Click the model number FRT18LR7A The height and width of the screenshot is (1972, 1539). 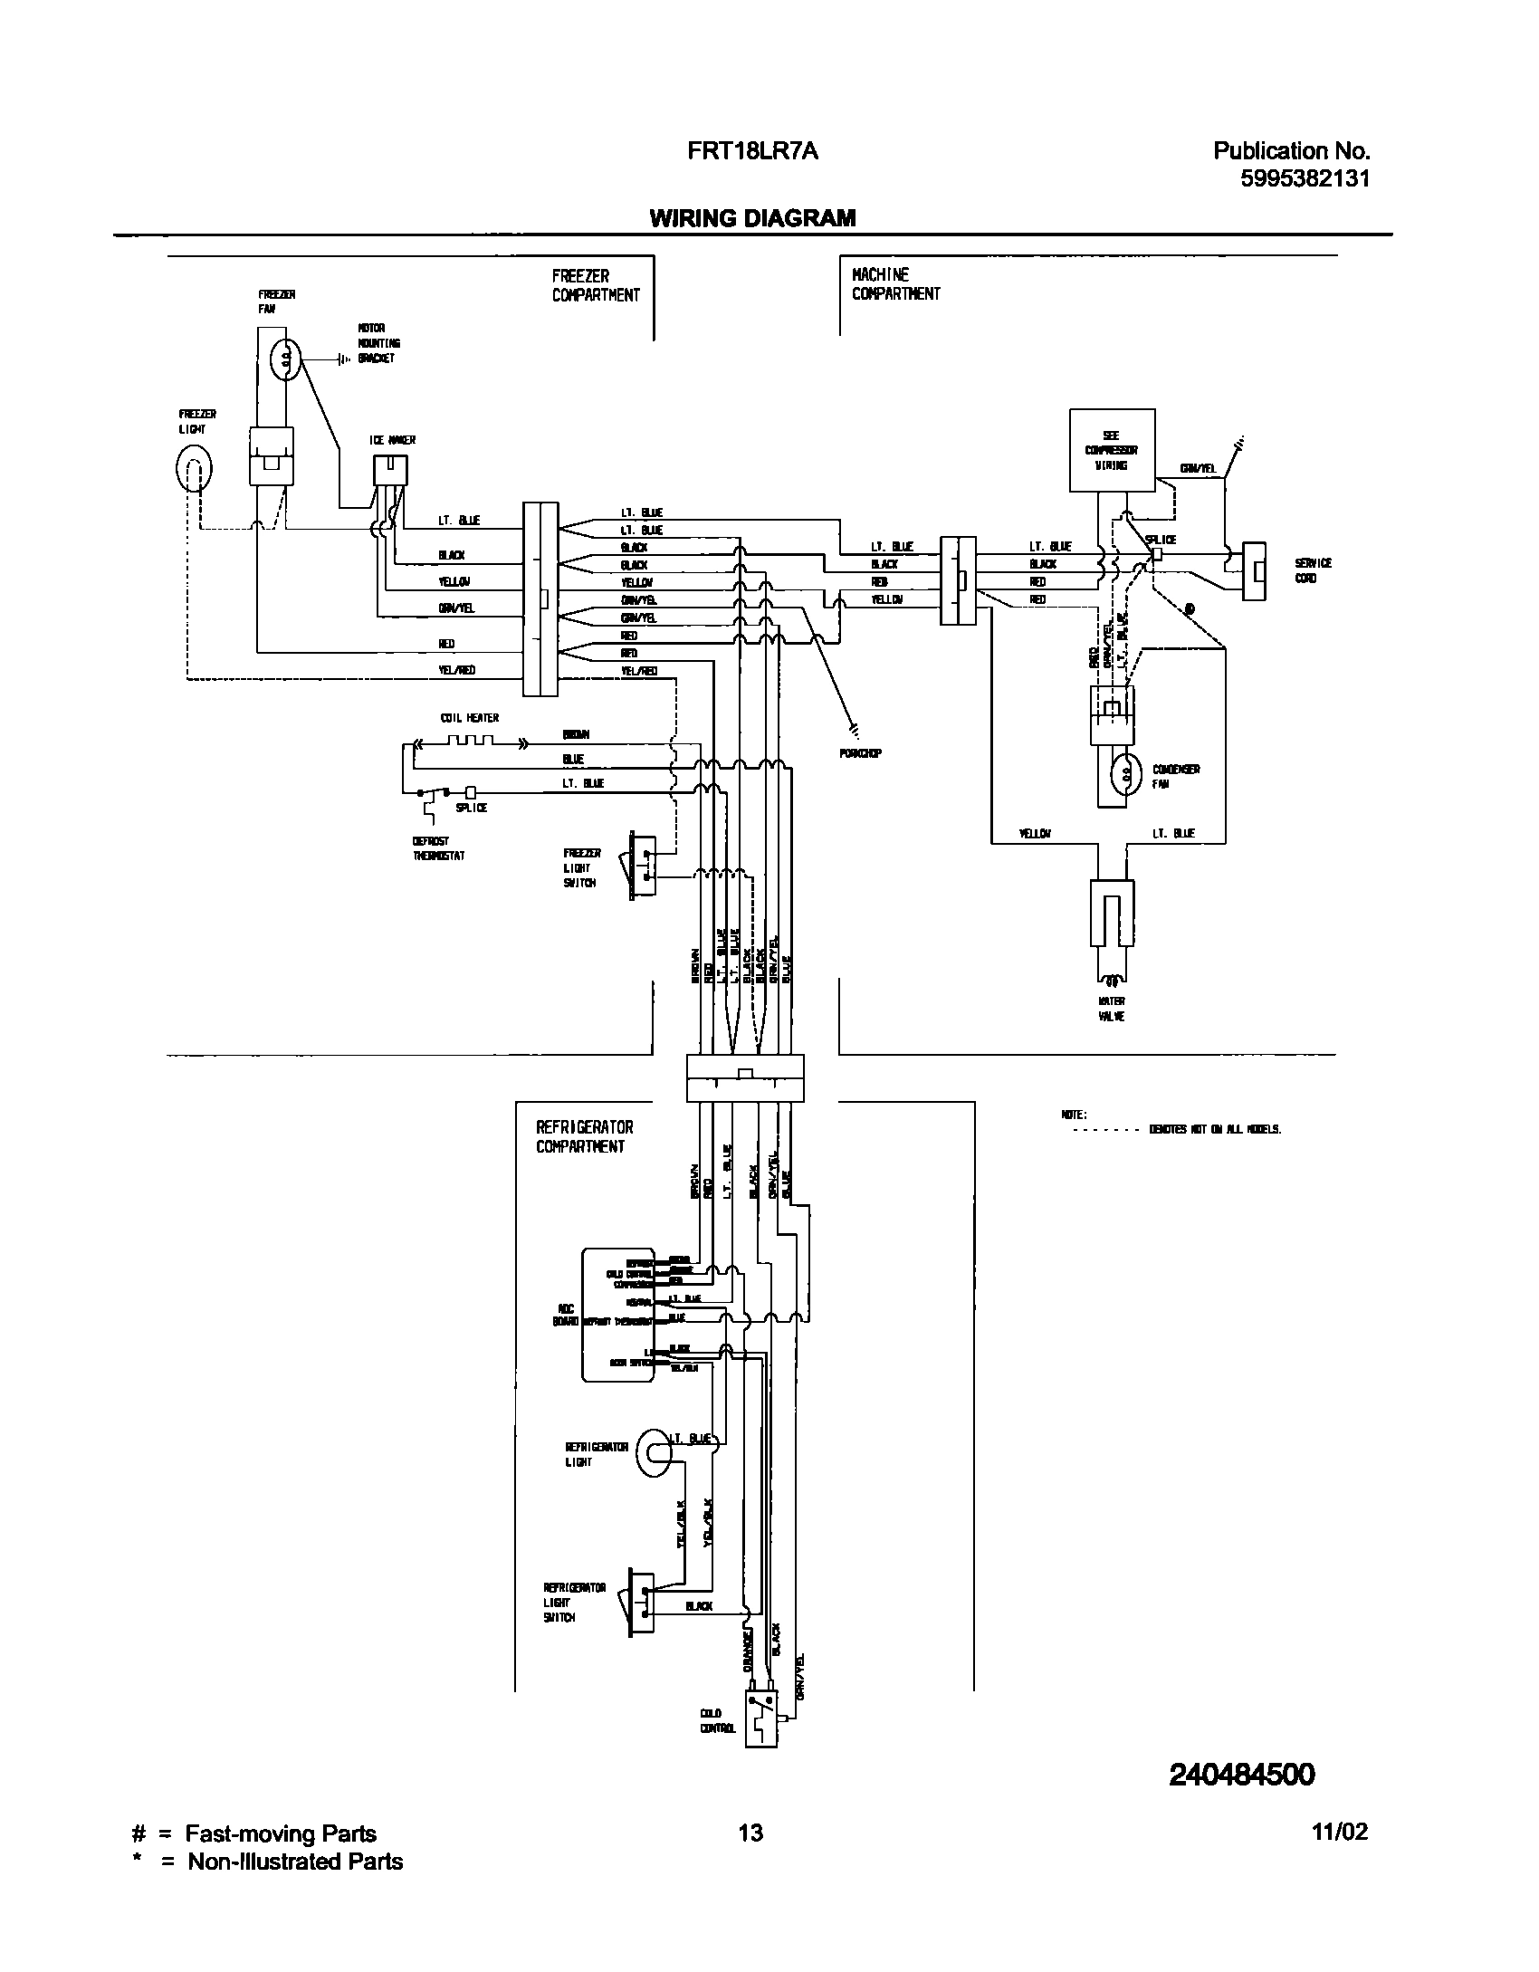click(752, 151)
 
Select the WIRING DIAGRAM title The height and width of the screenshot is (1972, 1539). click(752, 218)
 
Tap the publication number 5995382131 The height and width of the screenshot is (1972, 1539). click(1305, 178)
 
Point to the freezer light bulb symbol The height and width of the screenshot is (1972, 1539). click(193, 469)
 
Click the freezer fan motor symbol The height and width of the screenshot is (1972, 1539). click(286, 359)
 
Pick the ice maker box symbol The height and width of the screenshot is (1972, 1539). click(390, 471)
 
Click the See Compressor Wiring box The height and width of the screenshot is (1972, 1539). click(1112, 450)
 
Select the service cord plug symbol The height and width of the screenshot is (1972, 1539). click(1254, 570)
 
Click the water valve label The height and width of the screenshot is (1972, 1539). click(1112, 1009)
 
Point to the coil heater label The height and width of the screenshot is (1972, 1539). click(470, 718)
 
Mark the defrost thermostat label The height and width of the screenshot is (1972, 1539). click(438, 848)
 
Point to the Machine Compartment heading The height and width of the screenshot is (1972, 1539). click(895, 283)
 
